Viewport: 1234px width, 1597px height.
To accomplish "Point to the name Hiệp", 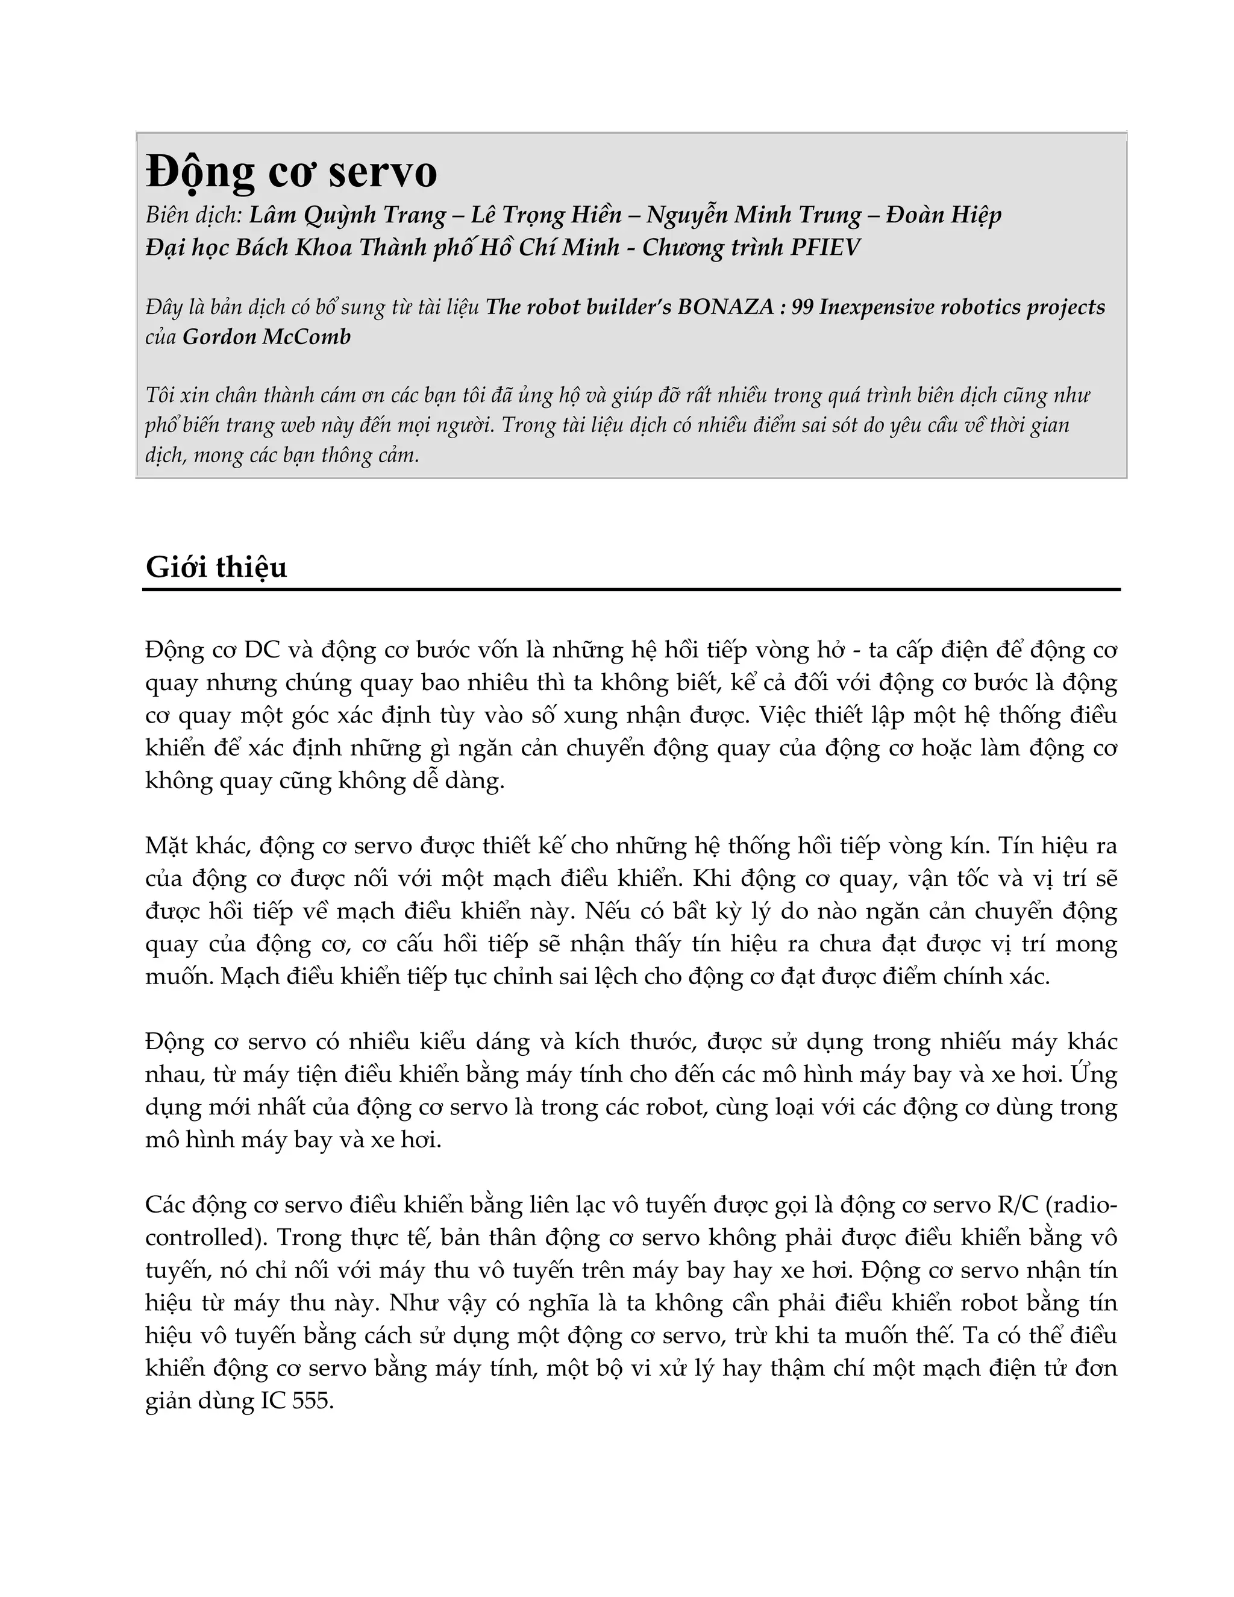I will (x=973, y=215).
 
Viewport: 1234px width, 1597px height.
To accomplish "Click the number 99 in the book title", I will (x=803, y=307).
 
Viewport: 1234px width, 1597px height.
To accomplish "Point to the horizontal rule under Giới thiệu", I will (x=631, y=589).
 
